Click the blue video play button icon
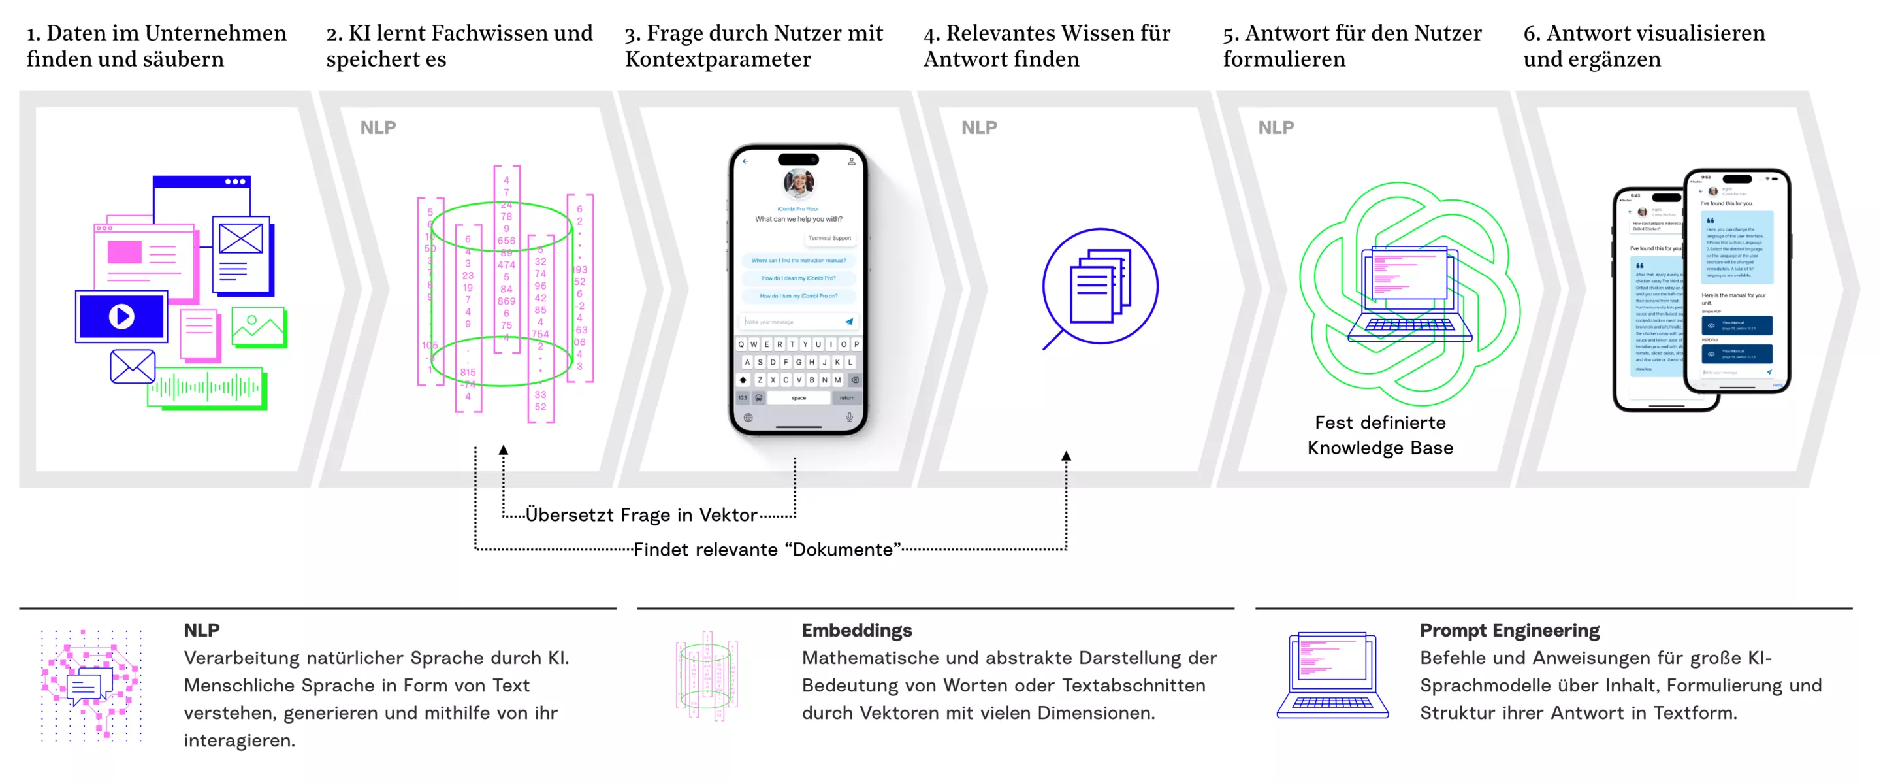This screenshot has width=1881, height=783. (x=121, y=316)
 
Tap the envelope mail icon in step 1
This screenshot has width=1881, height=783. (x=132, y=367)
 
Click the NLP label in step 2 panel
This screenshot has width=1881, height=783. (x=378, y=128)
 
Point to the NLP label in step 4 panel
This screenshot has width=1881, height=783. (x=978, y=128)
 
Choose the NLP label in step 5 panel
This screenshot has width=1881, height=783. (x=1275, y=128)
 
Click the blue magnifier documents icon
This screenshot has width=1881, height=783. (x=1099, y=286)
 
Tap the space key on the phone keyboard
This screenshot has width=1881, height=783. (x=798, y=398)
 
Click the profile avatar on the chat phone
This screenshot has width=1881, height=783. (x=798, y=182)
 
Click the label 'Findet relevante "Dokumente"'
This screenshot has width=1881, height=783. (x=766, y=549)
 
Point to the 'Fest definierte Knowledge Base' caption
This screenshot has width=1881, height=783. (x=1379, y=435)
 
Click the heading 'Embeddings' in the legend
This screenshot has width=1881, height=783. (x=856, y=629)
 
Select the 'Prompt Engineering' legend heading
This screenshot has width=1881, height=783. (x=1509, y=629)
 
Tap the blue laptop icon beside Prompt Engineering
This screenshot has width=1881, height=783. (x=1332, y=676)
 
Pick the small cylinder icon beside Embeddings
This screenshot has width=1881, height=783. (x=706, y=676)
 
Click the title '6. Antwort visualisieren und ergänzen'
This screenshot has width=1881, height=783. (x=1643, y=45)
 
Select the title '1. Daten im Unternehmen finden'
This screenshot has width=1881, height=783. (x=156, y=45)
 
